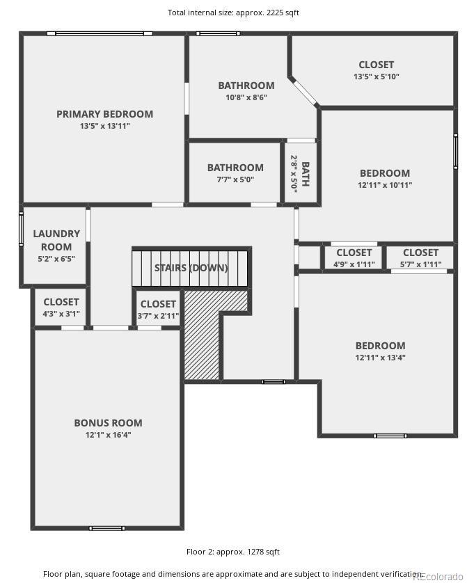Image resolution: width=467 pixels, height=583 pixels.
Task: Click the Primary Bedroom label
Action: coord(104,114)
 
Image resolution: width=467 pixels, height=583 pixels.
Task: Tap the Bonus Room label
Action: coord(108,423)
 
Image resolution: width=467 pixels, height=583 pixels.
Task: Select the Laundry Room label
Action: coord(56,240)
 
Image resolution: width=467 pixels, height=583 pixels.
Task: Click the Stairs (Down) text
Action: coord(191,268)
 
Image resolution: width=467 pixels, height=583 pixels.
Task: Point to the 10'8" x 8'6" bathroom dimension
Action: coord(246,97)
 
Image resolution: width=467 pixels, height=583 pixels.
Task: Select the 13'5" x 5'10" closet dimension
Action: coord(376,77)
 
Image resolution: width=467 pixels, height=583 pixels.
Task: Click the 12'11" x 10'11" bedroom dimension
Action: coord(385,185)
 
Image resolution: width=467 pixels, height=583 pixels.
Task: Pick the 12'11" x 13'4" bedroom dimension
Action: coord(380,358)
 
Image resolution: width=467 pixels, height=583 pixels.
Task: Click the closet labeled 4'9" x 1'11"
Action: coord(354,258)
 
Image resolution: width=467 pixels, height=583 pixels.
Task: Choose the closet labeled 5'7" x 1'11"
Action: coord(420,258)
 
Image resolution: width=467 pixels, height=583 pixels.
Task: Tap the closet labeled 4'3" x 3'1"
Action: coord(61,308)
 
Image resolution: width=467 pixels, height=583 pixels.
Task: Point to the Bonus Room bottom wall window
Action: coord(108,528)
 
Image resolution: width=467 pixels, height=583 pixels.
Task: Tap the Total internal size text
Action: coord(234,13)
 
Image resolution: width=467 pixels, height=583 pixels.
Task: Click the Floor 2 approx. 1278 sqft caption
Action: coord(233,552)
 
